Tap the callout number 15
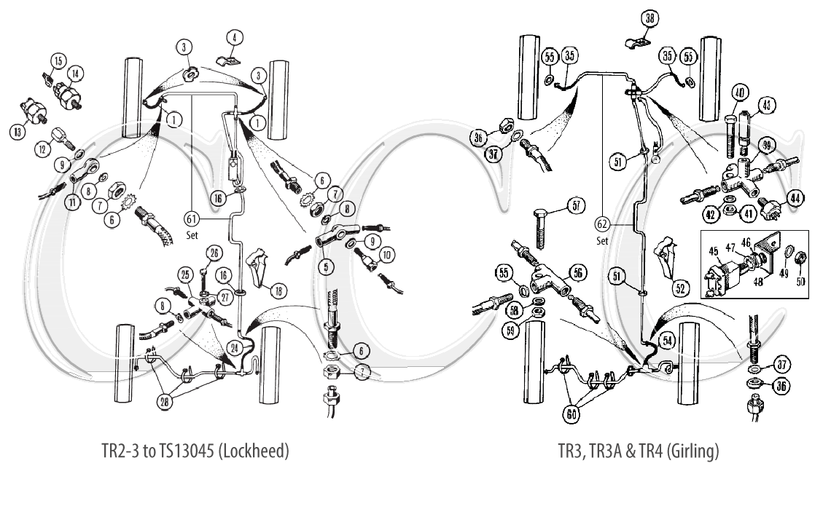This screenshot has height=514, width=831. pos(59,60)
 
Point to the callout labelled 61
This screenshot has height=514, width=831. pos(192,218)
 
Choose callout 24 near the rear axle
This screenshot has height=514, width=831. pos(235,348)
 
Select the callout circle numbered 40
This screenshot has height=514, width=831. pos(739,94)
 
